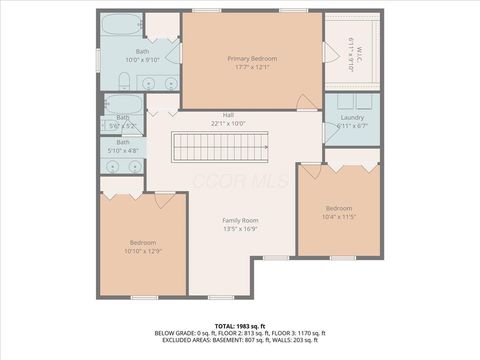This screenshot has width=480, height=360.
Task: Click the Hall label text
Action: [x=228, y=114]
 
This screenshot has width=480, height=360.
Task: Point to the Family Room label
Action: [x=240, y=220]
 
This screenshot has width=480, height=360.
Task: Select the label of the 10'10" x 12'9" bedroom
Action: [x=143, y=242]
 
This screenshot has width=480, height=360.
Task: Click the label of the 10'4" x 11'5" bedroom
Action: [x=339, y=208]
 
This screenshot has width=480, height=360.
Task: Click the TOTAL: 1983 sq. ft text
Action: [x=240, y=326]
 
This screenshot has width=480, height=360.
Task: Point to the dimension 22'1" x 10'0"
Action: [x=228, y=123]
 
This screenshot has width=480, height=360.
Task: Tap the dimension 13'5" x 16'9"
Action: [x=240, y=229]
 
